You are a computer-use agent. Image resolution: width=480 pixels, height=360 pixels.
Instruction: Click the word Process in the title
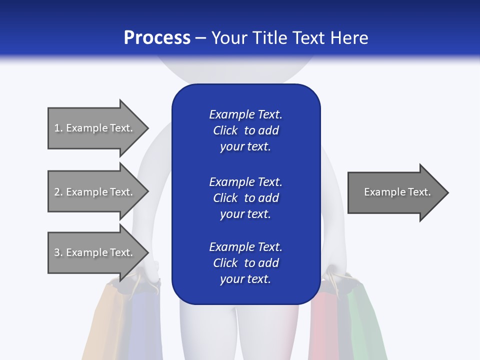157,38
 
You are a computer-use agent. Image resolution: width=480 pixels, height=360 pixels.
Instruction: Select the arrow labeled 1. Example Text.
95,128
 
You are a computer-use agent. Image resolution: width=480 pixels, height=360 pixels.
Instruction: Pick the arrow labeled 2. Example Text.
95,192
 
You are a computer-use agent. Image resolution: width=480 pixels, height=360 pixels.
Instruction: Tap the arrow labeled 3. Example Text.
95,252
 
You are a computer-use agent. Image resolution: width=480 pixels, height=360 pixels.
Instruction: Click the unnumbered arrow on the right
395,192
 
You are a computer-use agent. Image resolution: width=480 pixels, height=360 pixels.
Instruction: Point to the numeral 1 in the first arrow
57,128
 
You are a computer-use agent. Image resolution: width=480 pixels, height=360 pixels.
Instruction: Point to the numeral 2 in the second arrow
57,192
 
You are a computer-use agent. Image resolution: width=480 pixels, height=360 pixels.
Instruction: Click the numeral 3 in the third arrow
57,252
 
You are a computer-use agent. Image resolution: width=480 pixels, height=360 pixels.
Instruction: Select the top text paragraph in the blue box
245,130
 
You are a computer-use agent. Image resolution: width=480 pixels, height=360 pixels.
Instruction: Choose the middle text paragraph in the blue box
245,198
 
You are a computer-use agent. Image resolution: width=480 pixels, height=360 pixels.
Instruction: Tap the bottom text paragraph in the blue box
245,263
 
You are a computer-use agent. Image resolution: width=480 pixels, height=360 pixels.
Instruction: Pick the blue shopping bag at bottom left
142,325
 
